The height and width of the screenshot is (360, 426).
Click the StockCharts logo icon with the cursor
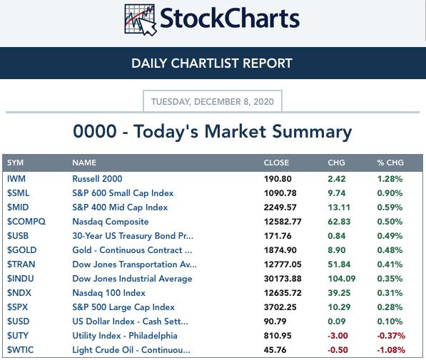[x=141, y=20]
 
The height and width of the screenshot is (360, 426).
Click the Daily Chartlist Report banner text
[x=212, y=63]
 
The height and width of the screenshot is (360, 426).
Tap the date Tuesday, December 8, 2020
[x=213, y=101]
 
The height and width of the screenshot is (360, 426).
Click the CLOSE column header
[x=276, y=163]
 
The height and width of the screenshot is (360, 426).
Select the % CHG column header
[x=390, y=163]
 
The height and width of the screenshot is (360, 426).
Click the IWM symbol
[x=16, y=179]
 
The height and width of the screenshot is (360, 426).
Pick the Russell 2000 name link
[x=97, y=179]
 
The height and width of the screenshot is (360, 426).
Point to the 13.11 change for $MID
[x=339, y=207]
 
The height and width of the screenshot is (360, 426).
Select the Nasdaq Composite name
[x=111, y=222]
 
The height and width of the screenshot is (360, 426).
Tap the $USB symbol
[x=18, y=236]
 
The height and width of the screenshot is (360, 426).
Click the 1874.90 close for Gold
[x=280, y=250]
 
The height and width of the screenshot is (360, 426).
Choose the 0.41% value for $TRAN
[x=390, y=264]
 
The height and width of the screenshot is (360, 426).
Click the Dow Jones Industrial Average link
[x=132, y=279]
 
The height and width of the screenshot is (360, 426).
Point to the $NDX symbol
[x=19, y=293]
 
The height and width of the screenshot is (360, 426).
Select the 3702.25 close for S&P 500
[x=280, y=307]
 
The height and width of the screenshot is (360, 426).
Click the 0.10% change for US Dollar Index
[x=390, y=322]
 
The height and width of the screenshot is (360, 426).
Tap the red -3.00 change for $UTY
[x=338, y=336]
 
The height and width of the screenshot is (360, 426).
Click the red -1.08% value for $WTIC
[x=391, y=350]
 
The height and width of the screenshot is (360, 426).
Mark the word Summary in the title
[x=312, y=132]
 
